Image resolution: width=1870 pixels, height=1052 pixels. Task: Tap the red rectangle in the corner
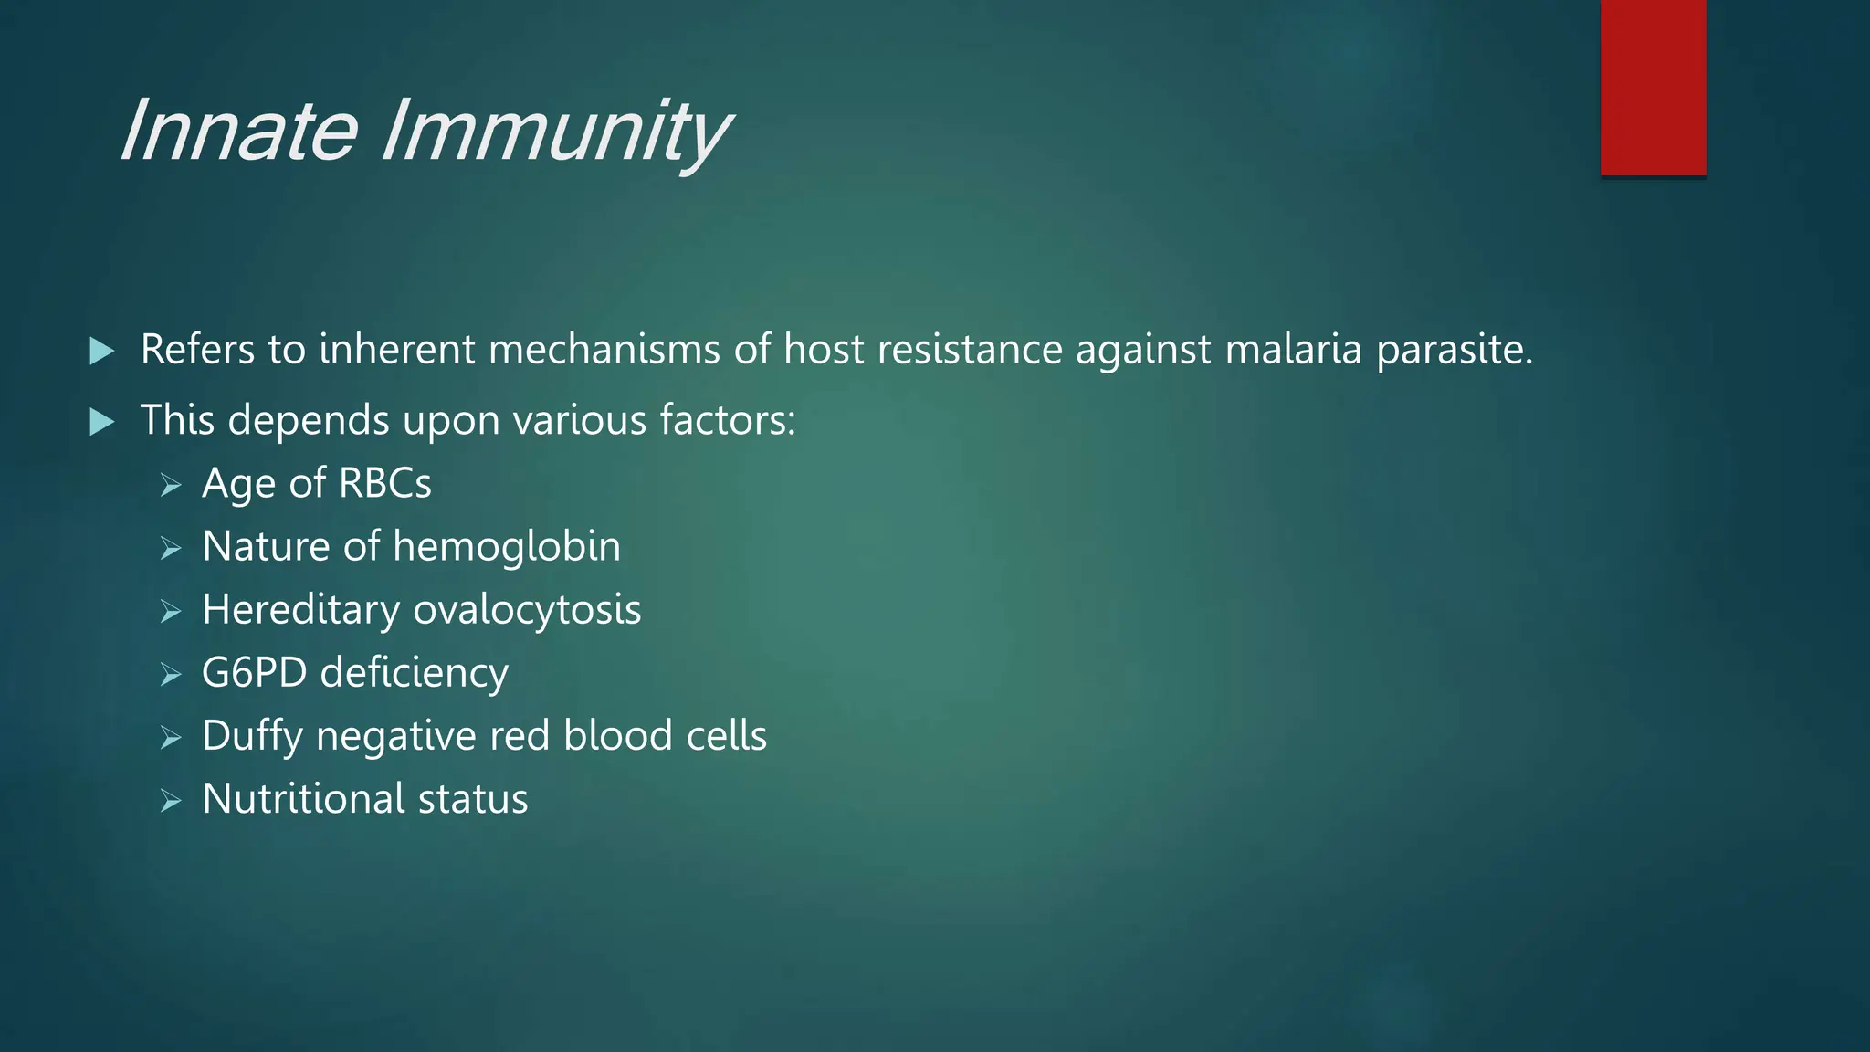coord(1653,88)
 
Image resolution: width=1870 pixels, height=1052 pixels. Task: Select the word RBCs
coord(384,483)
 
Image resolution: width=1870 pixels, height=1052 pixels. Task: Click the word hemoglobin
coord(507,546)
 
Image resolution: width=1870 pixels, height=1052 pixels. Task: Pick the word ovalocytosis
coord(527,610)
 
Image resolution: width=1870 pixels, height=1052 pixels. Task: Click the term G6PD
coord(254,673)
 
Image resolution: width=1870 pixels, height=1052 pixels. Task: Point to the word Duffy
coord(252,736)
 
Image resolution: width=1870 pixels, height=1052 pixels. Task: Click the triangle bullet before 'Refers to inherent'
coord(102,351)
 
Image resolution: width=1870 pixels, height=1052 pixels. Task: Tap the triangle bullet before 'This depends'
coord(102,422)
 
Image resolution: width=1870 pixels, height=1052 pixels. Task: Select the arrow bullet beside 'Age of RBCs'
coord(171,485)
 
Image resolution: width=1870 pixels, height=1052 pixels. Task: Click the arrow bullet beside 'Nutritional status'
coord(171,801)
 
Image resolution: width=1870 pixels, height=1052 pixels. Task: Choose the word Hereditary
coord(301,610)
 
